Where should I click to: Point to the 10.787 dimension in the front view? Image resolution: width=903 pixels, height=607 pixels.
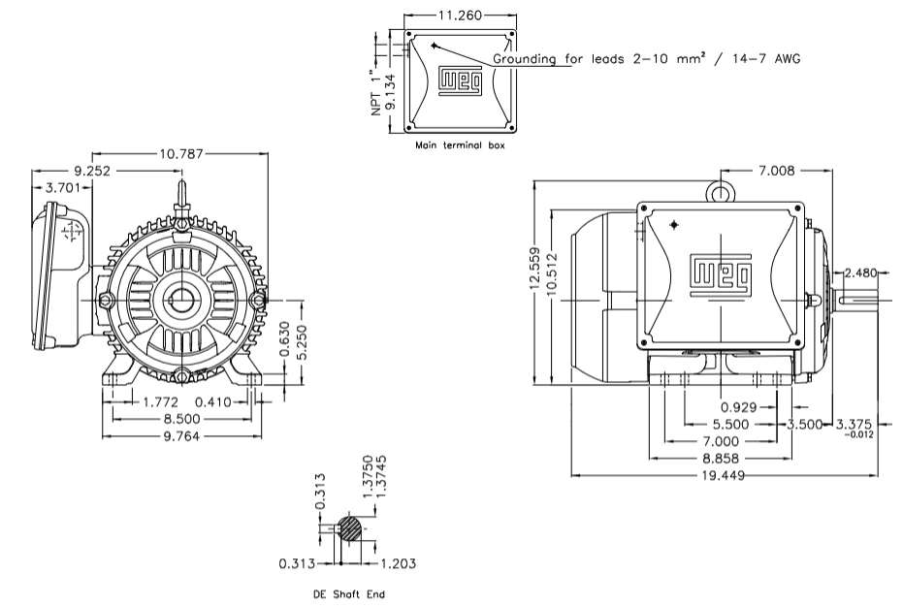point(182,153)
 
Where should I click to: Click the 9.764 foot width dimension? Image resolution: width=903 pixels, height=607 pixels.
point(183,436)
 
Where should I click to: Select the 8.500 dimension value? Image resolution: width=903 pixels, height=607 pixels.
point(183,419)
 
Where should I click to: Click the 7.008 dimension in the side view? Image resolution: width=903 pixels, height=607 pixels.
point(775,171)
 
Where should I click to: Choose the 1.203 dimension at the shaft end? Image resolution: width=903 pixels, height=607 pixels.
point(394,562)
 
